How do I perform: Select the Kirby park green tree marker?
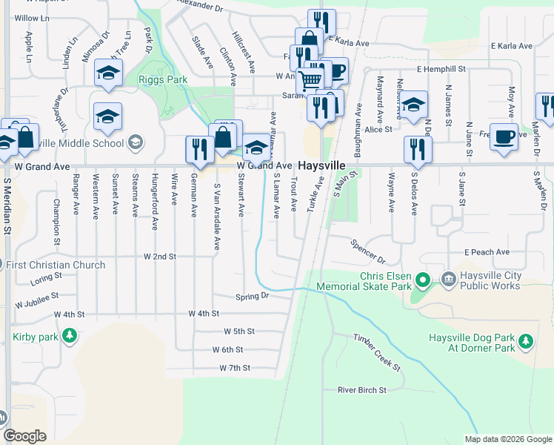click(70, 337)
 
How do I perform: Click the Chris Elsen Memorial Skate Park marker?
click(422, 280)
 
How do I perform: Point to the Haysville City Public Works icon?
click(449, 279)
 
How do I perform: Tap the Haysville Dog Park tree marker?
click(526, 341)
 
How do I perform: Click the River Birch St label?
click(362, 389)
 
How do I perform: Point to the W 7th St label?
click(235, 368)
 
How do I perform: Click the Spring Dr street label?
click(252, 297)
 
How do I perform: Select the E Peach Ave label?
click(487, 252)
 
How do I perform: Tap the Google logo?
click(24, 436)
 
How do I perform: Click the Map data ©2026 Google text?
click(507, 439)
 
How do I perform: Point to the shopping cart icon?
click(310, 79)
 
